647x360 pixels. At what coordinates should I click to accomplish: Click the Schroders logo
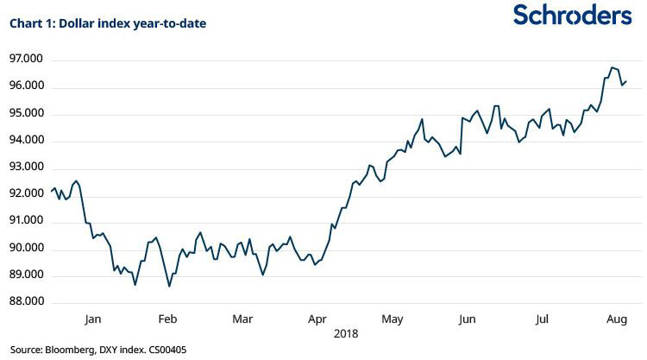[x=572, y=15]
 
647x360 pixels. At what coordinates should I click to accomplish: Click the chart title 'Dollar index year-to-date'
[x=108, y=23]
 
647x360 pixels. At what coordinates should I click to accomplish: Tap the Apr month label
[x=317, y=319]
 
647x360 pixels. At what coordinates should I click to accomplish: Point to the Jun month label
[x=467, y=319]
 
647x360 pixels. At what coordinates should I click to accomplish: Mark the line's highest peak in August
[x=612, y=67]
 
